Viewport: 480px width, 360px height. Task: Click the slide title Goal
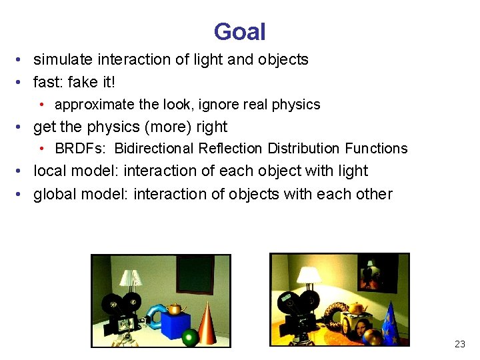coord(239,31)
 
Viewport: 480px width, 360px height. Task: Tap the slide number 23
coord(459,344)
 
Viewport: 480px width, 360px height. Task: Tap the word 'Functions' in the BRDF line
coord(376,149)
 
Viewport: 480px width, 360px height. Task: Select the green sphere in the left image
coord(190,337)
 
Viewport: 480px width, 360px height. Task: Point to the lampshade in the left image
coord(131,277)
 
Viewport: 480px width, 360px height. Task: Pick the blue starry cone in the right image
coord(393,323)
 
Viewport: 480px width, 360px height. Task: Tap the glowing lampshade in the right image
coord(309,275)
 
